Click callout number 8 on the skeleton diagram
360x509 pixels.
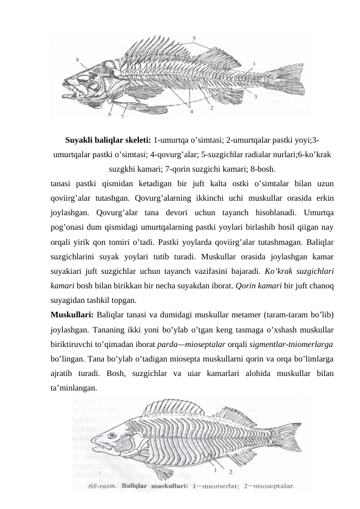[77, 59]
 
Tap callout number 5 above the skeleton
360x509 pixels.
[194, 37]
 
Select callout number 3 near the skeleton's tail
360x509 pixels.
[256, 96]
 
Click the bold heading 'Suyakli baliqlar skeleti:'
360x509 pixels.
[108, 139]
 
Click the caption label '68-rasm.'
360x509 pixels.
[103, 484]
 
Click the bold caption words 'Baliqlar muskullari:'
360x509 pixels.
[154, 484]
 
